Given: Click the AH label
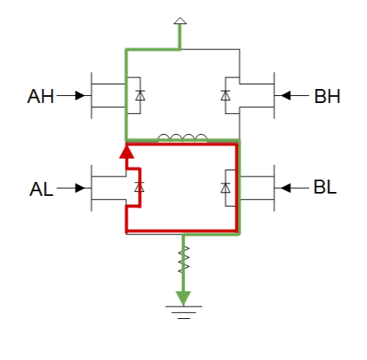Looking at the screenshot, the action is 40,96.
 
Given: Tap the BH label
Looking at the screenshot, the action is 328,96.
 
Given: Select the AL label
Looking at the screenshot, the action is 41,189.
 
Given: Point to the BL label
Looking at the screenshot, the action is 325,187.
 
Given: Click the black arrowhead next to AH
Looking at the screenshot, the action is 80,95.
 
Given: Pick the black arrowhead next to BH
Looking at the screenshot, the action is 286,95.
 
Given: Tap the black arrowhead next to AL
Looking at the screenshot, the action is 80,188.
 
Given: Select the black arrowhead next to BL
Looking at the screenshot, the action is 286,188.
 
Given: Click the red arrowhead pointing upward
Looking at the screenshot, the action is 127,153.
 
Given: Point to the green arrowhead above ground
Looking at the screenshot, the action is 183,298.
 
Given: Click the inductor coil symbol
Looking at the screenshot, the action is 183,138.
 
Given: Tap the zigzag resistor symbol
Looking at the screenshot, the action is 183,259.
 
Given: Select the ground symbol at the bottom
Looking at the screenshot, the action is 183,313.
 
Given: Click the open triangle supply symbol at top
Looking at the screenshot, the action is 180,21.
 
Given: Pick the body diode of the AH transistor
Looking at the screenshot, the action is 140,95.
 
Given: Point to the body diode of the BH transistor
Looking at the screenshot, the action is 225,95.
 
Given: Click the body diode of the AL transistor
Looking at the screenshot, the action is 139,187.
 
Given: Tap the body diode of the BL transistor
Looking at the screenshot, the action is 225,188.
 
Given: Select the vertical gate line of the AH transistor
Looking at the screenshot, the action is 91,95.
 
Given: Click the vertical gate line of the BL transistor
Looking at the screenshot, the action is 274,188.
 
